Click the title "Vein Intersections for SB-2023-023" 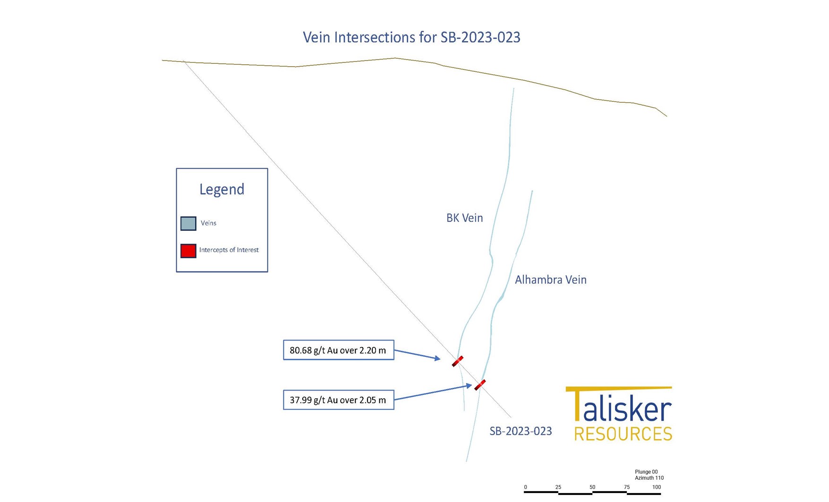[x=411, y=37]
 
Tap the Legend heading [x=222, y=189]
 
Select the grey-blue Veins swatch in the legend [x=188, y=223]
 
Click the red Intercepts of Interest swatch [x=188, y=251]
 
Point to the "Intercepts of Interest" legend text [x=229, y=250]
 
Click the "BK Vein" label [x=464, y=218]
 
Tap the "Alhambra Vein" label [x=550, y=280]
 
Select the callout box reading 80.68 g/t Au [x=338, y=350]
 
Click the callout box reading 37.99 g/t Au [x=338, y=400]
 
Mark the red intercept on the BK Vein [x=457, y=361]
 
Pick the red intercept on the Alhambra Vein [x=480, y=385]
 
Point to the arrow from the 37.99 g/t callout [x=432, y=392]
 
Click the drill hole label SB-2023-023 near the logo [x=521, y=431]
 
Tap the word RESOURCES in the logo [x=623, y=434]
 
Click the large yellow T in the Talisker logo [x=577, y=404]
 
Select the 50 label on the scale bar [x=592, y=487]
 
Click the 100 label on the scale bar [x=657, y=487]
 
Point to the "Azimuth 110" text [x=649, y=478]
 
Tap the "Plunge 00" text [x=646, y=472]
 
